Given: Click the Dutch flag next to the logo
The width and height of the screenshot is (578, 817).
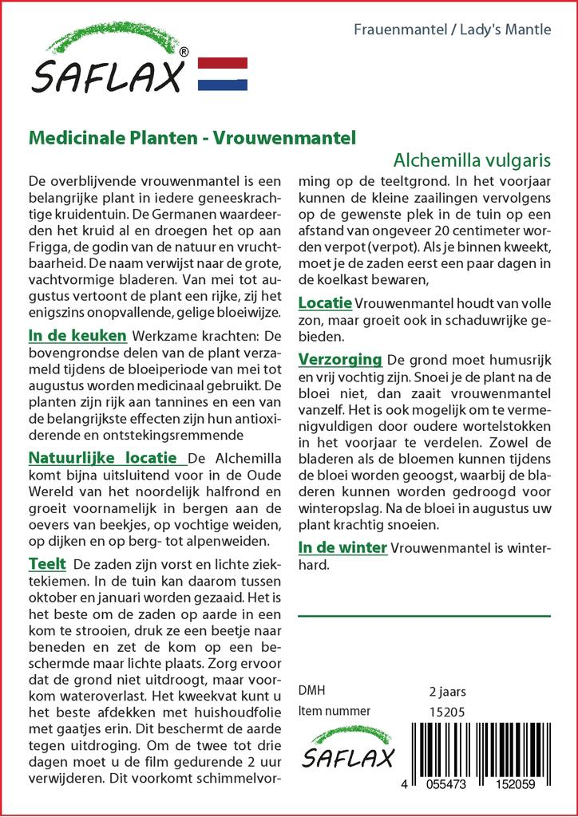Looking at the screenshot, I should (x=221, y=73).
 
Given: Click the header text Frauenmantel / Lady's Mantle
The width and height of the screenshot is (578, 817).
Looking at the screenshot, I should (x=452, y=30).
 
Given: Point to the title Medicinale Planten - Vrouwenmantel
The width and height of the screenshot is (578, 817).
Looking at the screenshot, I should (x=192, y=136).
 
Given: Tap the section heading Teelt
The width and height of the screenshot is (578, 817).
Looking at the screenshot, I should (x=47, y=563).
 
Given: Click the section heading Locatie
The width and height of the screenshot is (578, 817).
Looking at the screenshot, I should (x=325, y=303).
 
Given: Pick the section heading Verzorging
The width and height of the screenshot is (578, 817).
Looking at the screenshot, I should (x=340, y=358).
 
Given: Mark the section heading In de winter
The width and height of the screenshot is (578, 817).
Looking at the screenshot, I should (x=342, y=547).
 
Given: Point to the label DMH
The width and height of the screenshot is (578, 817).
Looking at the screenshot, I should (x=311, y=690).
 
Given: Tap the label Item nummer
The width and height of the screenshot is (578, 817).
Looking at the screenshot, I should (x=334, y=711).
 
